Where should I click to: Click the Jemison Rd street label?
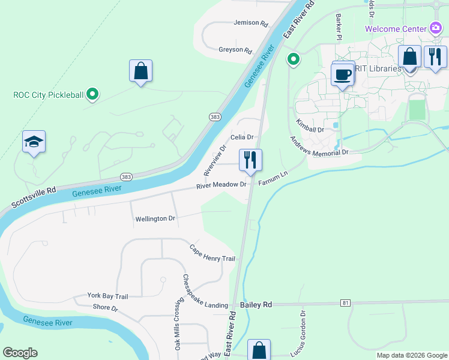(x=252, y=23)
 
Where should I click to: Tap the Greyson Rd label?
(x=235, y=50)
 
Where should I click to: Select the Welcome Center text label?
(x=395, y=29)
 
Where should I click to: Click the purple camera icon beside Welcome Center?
(x=436, y=28)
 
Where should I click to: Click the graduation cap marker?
(x=34, y=142)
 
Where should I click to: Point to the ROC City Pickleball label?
(x=49, y=94)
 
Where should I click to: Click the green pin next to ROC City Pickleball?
(x=92, y=94)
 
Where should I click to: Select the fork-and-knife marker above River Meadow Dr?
(x=250, y=160)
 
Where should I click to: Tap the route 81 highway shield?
(x=345, y=303)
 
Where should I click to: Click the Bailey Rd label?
(x=256, y=305)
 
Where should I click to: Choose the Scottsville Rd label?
(x=35, y=196)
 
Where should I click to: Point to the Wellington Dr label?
(x=155, y=219)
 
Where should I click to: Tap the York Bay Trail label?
(x=108, y=296)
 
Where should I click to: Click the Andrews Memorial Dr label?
(x=319, y=146)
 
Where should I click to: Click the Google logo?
(x=20, y=353)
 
